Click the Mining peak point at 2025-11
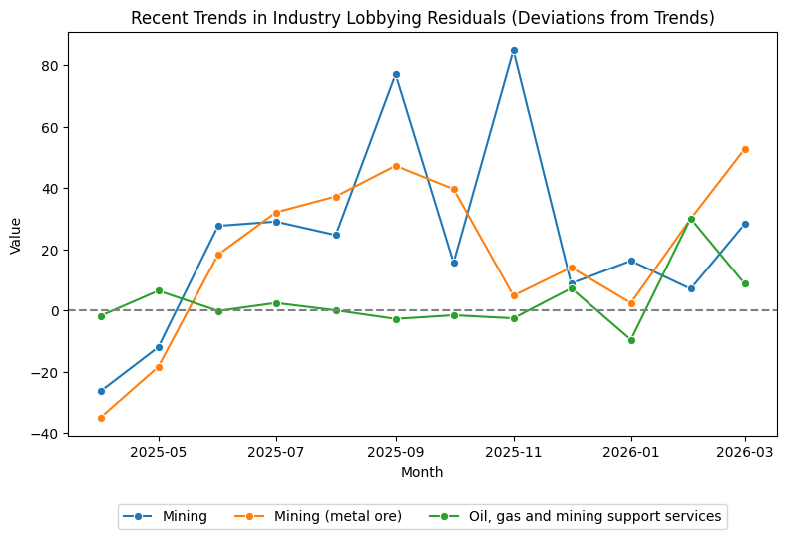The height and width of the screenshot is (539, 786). (514, 50)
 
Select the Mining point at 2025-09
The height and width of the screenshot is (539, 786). (396, 74)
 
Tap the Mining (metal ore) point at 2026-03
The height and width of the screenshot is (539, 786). (745, 149)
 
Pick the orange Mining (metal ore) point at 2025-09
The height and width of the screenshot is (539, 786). (396, 166)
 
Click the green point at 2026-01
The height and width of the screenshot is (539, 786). (631, 340)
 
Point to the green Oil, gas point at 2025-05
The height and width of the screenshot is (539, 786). (159, 290)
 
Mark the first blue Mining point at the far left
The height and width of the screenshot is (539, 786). (101, 391)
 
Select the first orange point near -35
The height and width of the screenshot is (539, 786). (101, 418)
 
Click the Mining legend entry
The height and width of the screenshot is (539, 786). (165, 516)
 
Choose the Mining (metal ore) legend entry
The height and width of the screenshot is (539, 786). (320, 516)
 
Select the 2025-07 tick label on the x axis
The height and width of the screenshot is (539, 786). (276, 452)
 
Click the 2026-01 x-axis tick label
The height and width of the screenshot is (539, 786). (631, 452)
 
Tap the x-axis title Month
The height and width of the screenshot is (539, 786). (422, 472)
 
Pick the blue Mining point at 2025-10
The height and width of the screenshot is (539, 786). (454, 263)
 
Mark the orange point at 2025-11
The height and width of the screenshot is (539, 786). (514, 295)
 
